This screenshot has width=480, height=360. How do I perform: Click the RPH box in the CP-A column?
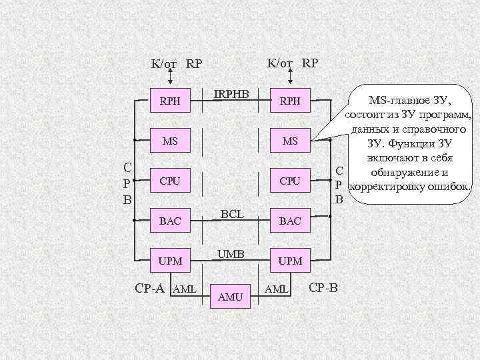[x=170, y=102]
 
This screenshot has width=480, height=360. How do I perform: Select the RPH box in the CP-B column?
[x=290, y=102]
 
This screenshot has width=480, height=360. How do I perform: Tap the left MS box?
[x=170, y=141]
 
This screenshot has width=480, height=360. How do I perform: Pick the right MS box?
[x=290, y=141]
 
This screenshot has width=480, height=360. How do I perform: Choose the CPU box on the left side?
[x=170, y=180]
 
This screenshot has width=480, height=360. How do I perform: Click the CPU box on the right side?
[x=290, y=180]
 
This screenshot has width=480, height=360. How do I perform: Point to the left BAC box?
[x=170, y=220]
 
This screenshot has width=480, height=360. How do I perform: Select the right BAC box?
[x=290, y=220]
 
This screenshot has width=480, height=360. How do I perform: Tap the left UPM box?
[x=170, y=259]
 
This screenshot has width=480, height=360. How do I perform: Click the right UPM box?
[x=290, y=259]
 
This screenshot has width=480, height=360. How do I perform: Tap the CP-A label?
[x=151, y=289]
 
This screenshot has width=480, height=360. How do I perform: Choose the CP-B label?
[x=324, y=289]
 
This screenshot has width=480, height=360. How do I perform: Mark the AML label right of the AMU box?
[x=277, y=289]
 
